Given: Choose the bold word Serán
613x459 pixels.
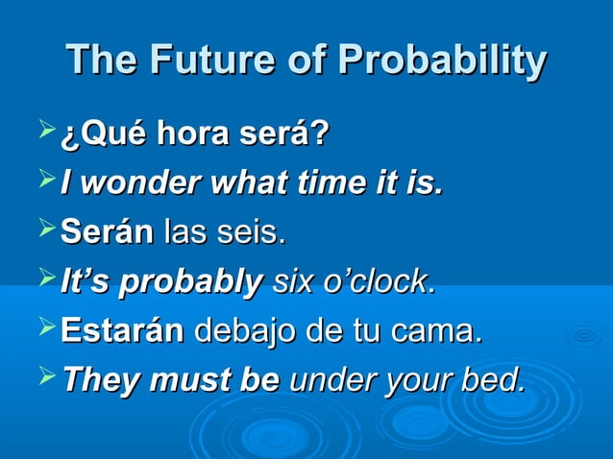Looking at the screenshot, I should click(107, 232).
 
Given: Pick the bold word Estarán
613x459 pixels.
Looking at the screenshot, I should click(123, 332).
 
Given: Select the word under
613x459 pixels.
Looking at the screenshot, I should click(328, 381).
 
